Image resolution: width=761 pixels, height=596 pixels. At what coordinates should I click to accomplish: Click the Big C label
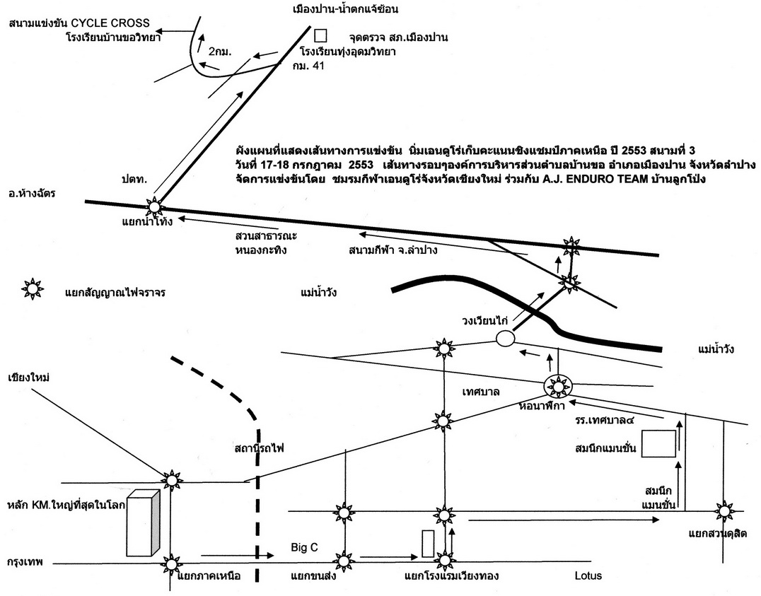[x=303, y=547]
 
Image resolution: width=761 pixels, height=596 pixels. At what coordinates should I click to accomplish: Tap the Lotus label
[x=588, y=575]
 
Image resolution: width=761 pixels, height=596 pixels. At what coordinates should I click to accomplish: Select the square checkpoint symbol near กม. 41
[x=320, y=35]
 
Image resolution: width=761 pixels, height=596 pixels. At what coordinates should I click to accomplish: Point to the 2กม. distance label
[x=220, y=52]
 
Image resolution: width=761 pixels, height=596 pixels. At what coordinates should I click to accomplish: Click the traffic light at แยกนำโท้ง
[x=154, y=206]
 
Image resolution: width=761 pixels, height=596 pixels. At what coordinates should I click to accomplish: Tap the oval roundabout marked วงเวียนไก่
[x=504, y=339]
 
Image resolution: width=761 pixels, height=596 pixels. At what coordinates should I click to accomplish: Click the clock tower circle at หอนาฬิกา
[x=558, y=386]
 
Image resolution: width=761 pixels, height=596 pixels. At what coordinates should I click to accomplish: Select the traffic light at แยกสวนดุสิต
[x=724, y=511]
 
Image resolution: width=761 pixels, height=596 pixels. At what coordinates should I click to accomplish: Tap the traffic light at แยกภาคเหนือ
[x=170, y=563]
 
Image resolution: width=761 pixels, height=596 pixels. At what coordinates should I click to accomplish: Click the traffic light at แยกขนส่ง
[x=344, y=561]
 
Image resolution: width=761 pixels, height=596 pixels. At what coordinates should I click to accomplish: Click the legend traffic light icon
[x=33, y=288]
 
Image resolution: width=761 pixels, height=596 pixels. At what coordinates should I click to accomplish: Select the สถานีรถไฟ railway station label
[x=262, y=448]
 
